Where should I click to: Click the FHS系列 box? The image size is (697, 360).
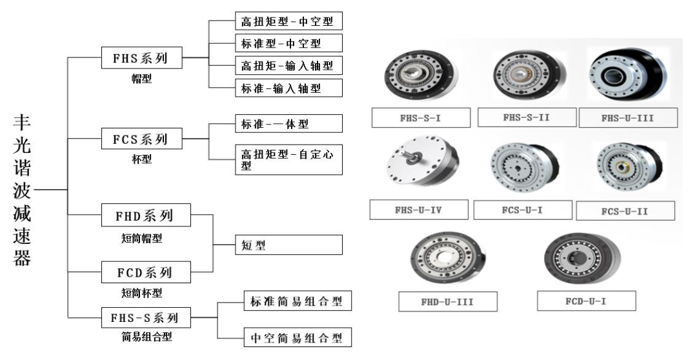click(x=141, y=59)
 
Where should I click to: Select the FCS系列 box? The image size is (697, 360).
click(x=141, y=138)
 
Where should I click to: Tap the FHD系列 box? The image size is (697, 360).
click(x=146, y=215)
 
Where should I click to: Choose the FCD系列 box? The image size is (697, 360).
click(x=146, y=272)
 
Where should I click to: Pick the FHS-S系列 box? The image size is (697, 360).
click(x=146, y=317)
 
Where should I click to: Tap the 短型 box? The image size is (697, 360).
click(x=287, y=245)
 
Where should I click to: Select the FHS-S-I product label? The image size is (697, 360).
click(x=420, y=118)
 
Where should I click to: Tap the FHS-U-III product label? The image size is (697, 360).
click(x=628, y=118)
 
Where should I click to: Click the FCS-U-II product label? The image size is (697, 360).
click(x=625, y=210)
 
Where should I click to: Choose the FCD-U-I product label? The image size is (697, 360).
click(x=586, y=301)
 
